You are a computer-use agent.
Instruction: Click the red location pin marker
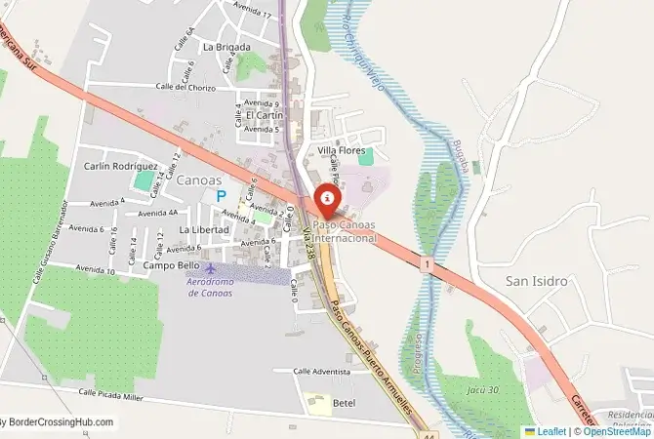point(327,200)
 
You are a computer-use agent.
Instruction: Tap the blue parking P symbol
point(221,196)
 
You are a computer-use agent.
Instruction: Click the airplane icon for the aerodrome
point(210,267)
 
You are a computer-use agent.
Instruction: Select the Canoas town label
point(199,180)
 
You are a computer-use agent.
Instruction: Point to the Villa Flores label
point(340,150)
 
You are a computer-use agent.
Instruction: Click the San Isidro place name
point(536,281)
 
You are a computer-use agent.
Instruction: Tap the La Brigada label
point(226,47)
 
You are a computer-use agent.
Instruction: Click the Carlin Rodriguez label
point(121,166)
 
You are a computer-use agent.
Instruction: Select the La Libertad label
point(203,230)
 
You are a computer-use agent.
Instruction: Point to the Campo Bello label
point(171,265)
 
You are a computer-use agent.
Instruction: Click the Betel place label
point(344,402)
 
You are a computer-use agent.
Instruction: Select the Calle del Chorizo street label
point(183,86)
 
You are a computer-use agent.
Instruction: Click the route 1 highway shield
point(427,263)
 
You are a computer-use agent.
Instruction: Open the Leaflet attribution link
point(550,431)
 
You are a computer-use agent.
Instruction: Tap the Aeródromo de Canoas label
point(210,287)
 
